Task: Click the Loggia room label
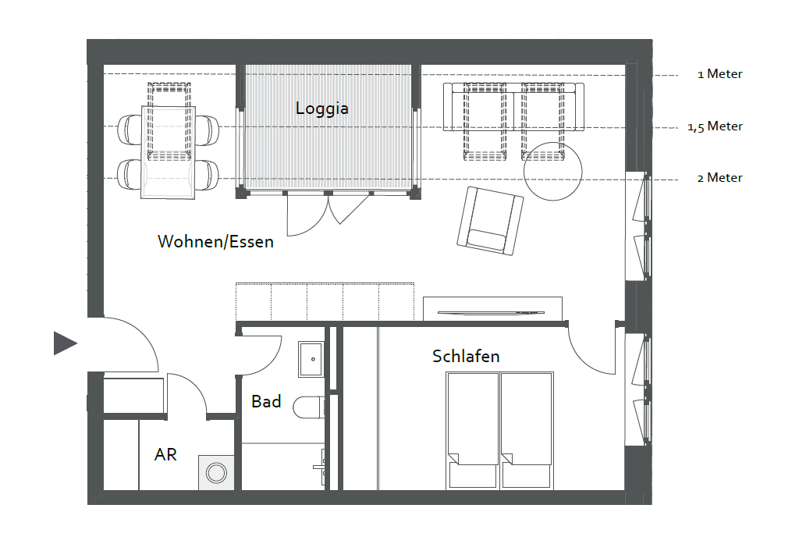point(322,108)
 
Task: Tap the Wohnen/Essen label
point(215,241)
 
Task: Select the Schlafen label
point(466,356)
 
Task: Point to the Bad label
point(266,401)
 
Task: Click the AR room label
point(165,454)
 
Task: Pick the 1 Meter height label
point(720,74)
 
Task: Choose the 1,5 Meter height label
point(715,126)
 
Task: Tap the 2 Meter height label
point(720,178)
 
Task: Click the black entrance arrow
point(66,343)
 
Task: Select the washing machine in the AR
point(217,472)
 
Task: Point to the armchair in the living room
point(490,221)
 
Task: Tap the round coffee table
point(553,171)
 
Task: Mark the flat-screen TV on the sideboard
point(491,312)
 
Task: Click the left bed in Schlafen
point(472,431)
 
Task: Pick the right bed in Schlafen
point(527,431)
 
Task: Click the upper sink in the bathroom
point(311,359)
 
